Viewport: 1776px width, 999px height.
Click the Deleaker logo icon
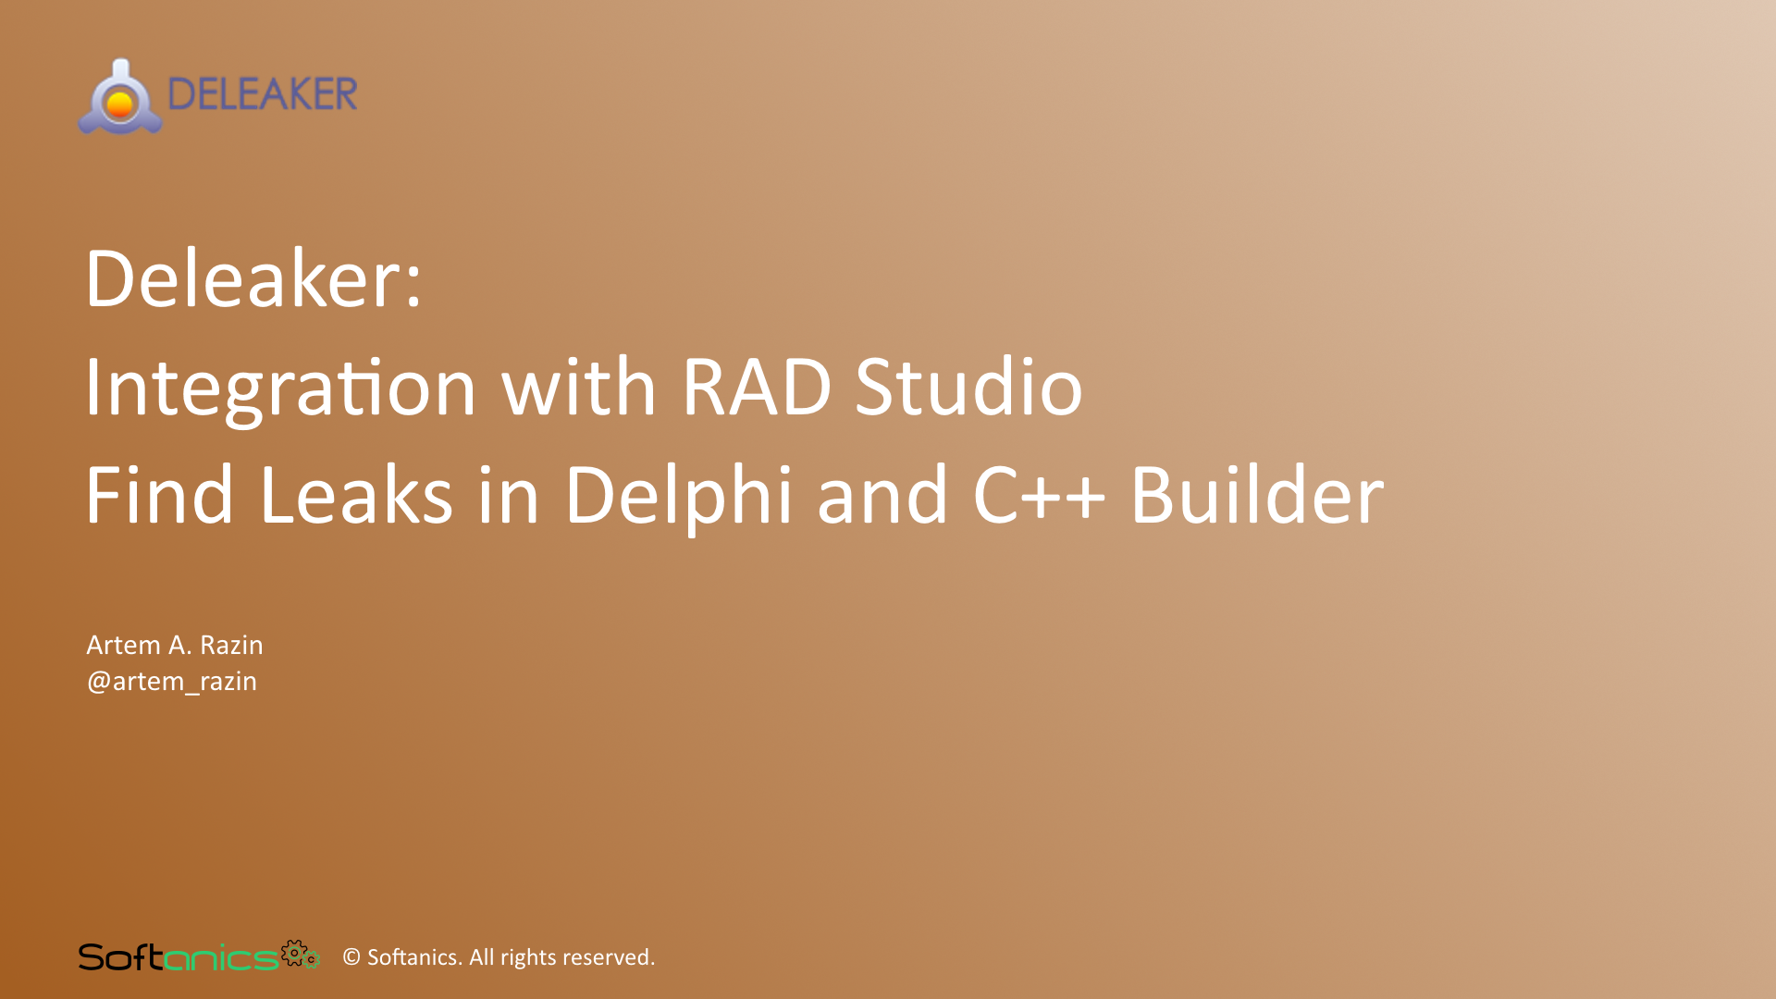(x=120, y=98)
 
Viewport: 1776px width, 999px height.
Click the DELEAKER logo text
(x=263, y=94)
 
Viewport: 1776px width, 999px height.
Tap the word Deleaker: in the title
(x=253, y=279)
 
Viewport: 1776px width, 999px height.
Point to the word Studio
(x=968, y=387)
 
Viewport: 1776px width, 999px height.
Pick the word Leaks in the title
(x=356, y=496)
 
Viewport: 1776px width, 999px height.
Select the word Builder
(x=1257, y=496)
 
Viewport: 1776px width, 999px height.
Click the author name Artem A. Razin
(x=175, y=645)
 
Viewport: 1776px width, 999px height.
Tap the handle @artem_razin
(x=172, y=682)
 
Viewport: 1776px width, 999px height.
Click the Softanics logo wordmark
(x=178, y=957)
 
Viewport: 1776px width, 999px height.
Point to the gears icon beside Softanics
(x=300, y=954)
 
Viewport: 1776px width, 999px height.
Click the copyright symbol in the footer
(x=351, y=957)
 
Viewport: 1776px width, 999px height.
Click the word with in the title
(x=578, y=387)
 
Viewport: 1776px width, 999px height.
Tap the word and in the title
(x=882, y=496)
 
